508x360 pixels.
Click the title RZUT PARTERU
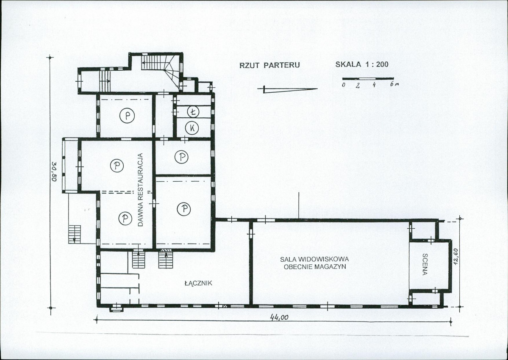pyautogui.click(x=269, y=65)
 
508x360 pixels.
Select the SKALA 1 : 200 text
pyautogui.click(x=362, y=64)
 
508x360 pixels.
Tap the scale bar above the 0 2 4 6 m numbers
pyautogui.click(x=368, y=78)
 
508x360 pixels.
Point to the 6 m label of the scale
pyautogui.click(x=394, y=84)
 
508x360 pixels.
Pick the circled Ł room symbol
pyautogui.click(x=193, y=112)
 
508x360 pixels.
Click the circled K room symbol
pyautogui.click(x=192, y=128)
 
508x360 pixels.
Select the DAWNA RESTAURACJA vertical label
pyautogui.click(x=140, y=190)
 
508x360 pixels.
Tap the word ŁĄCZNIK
pyautogui.click(x=198, y=283)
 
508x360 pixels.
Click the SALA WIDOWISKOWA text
pyautogui.click(x=314, y=259)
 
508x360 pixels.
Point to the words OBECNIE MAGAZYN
pyautogui.click(x=315, y=267)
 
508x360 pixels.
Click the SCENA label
pyautogui.click(x=425, y=264)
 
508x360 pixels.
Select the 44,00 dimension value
pyautogui.click(x=279, y=317)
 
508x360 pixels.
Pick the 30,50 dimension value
pyautogui.click(x=54, y=172)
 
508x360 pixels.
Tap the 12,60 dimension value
pyautogui.click(x=455, y=257)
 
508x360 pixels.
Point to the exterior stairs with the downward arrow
pyautogui.click(x=75, y=234)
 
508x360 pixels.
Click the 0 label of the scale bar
pyautogui.click(x=344, y=85)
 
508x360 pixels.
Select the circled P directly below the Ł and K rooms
pyautogui.click(x=181, y=157)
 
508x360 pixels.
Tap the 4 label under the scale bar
pyautogui.click(x=374, y=85)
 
